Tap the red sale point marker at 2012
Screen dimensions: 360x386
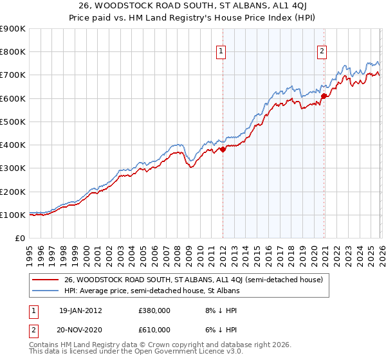(x=223, y=149)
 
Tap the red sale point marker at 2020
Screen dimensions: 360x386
(x=324, y=96)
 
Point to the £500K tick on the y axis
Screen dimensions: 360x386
(x=13, y=122)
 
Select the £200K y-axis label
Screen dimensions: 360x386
(x=13, y=192)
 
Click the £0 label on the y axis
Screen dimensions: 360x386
(x=19, y=238)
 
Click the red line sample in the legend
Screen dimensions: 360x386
(x=46, y=280)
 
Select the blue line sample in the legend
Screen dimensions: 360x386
(x=46, y=291)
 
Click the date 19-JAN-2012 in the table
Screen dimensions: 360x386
(x=80, y=310)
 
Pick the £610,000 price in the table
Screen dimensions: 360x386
(x=154, y=329)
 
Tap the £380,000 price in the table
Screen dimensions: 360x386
(x=154, y=310)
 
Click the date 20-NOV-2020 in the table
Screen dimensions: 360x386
(x=80, y=329)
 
